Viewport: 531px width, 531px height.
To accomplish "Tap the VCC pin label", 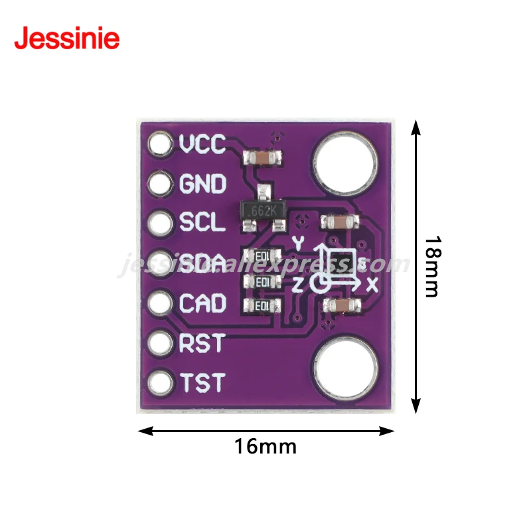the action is [203, 143].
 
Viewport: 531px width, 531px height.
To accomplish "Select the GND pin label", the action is [203, 183].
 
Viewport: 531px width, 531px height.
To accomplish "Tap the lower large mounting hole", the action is [346, 369].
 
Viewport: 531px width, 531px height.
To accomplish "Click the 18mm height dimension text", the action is [432, 266].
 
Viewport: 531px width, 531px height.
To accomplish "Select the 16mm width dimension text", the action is [265, 447].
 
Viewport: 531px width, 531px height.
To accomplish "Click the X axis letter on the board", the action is [372, 285].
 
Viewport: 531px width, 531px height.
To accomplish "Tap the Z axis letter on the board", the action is [298, 285].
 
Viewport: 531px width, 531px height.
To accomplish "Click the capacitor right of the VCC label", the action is [264, 158].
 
